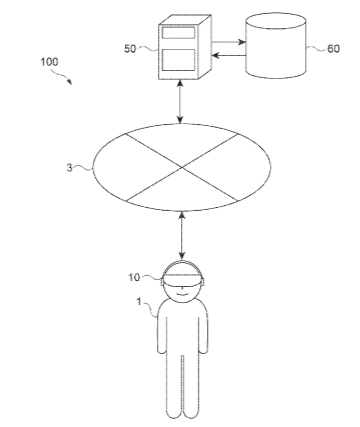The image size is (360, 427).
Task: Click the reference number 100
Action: (x=49, y=62)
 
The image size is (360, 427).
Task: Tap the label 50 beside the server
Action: (x=130, y=49)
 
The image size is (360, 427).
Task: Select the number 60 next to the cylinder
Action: (x=333, y=49)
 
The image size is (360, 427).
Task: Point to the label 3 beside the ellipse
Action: (x=69, y=168)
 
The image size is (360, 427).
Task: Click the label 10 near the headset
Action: (x=135, y=277)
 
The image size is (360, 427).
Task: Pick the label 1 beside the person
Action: (x=139, y=302)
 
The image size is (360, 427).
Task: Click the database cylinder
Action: (x=276, y=46)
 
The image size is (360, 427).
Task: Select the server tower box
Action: (x=185, y=47)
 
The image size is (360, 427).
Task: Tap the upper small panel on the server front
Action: (x=178, y=33)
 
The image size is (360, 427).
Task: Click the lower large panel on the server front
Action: (x=178, y=60)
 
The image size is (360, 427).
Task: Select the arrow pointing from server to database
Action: (x=229, y=42)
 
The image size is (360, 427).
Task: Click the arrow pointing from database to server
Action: (x=229, y=55)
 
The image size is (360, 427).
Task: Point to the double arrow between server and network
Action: (x=180, y=102)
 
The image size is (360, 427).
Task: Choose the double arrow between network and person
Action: (x=182, y=235)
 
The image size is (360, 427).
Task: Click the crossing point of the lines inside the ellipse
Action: (x=182, y=167)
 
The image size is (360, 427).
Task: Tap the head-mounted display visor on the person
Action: (x=183, y=280)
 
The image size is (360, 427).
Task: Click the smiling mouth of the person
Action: (x=182, y=293)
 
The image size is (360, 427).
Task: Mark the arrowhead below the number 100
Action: (x=70, y=82)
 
